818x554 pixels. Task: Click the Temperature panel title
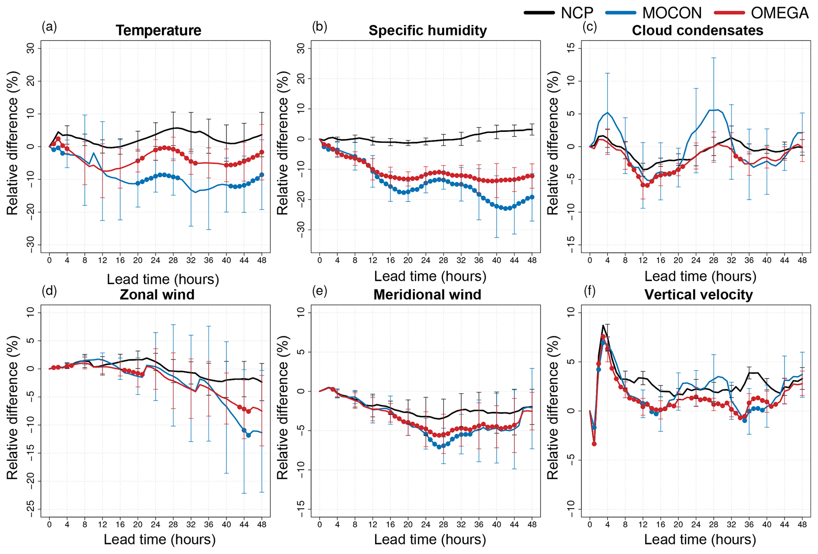158,30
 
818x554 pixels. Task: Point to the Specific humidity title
428,30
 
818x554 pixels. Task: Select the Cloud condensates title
697,30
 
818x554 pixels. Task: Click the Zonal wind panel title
157,294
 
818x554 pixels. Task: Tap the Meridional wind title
427,294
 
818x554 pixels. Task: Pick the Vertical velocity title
698,294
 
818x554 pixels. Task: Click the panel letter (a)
49,27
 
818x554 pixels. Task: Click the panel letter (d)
49,291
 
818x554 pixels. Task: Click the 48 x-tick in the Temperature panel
262,260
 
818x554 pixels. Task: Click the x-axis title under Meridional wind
430,539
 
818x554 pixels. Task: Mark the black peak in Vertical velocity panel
603,326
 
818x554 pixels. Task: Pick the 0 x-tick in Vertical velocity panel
590,525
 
